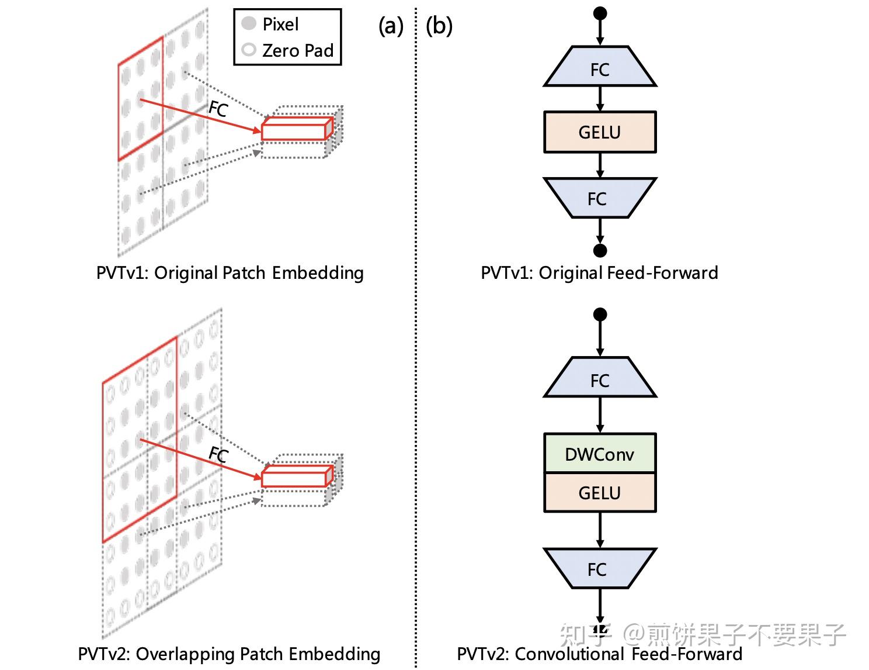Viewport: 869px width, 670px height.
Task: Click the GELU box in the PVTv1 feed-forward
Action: tap(600, 132)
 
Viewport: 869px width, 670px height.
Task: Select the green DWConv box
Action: tap(600, 454)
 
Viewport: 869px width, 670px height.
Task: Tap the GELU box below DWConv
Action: tap(600, 493)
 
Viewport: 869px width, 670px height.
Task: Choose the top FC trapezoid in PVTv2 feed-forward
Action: tap(600, 379)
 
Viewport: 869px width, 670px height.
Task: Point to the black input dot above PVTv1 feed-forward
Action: tap(600, 13)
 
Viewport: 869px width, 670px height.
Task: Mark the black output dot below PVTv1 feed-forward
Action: tap(600, 250)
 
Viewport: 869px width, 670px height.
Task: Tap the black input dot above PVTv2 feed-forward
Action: tap(600, 315)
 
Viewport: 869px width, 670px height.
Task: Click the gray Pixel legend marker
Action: tap(249, 23)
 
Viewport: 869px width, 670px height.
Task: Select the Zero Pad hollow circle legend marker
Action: tap(249, 50)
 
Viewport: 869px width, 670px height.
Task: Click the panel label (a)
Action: tap(391, 26)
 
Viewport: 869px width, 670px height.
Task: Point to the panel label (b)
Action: tap(439, 26)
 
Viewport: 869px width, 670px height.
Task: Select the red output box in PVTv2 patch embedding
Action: tap(294, 478)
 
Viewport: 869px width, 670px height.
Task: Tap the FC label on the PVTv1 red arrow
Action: tap(218, 109)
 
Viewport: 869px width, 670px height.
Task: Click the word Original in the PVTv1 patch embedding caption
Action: tap(186, 273)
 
